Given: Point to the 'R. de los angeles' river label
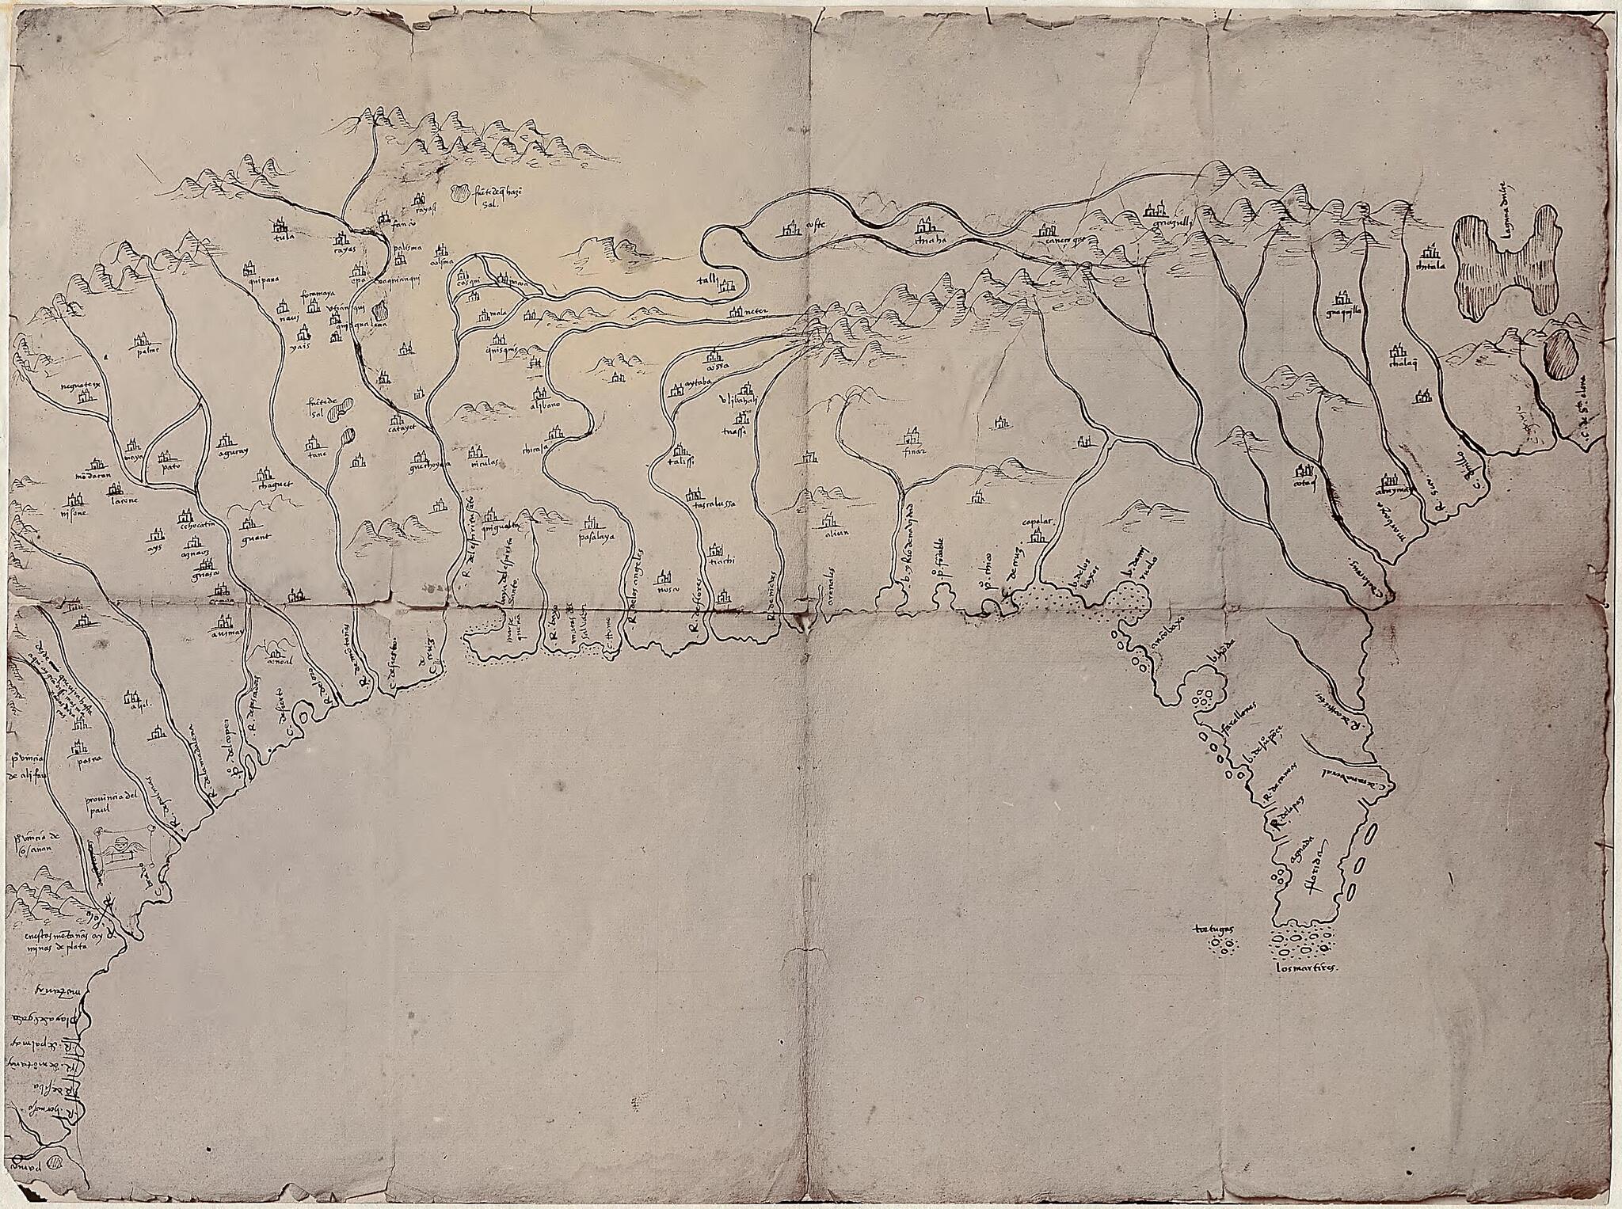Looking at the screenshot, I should click(x=636, y=590).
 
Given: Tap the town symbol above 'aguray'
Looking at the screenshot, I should click(x=227, y=437).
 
